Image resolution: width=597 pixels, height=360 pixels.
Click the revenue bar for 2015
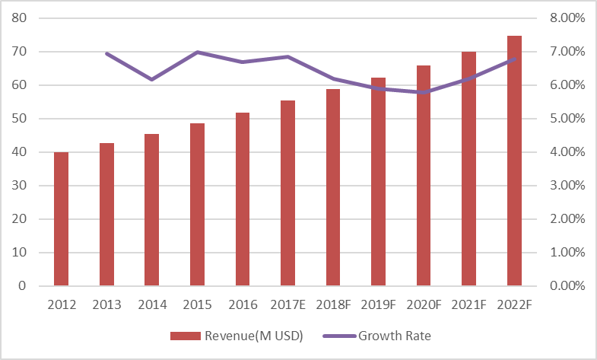(197, 205)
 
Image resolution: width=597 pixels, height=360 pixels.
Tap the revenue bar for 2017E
(287, 193)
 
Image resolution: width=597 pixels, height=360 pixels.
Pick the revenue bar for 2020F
(424, 176)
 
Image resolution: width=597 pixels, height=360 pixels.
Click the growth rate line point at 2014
(151, 79)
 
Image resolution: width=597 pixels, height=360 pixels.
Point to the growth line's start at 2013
(106, 53)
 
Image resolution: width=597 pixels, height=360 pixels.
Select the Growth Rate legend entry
(380, 335)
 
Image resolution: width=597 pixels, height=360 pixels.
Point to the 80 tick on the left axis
(23, 18)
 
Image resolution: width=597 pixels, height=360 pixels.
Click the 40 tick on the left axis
(23, 152)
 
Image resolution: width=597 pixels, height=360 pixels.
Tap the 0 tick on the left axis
(27, 286)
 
